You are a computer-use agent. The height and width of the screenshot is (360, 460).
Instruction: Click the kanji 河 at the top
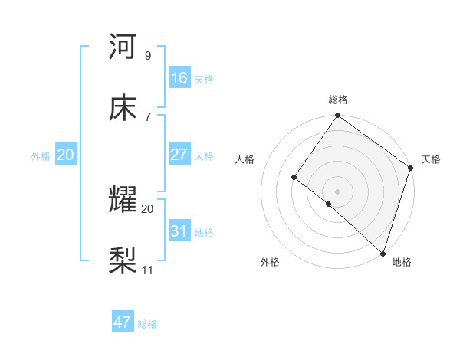123,47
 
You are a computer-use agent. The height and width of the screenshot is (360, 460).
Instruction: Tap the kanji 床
123,108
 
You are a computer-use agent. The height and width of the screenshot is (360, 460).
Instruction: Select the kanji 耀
123,201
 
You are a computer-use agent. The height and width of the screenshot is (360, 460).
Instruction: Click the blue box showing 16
179,78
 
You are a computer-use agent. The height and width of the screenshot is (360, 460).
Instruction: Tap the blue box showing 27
179,155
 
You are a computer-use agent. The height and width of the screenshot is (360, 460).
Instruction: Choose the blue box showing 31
179,231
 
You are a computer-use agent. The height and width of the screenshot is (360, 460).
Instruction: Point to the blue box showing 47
123,322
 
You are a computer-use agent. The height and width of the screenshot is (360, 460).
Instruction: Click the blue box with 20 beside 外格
66,155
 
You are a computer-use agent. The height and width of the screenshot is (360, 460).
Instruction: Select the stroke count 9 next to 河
148,55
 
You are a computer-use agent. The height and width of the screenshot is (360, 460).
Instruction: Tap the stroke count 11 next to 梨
148,270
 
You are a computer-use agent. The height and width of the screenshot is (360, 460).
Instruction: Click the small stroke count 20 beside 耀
148,208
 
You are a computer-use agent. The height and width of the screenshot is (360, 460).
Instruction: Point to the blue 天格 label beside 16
204,79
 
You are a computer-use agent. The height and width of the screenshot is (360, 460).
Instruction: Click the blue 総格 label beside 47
147,324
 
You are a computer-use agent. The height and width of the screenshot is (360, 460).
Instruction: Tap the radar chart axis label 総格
338,100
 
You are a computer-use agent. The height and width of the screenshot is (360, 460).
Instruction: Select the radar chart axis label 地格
402,262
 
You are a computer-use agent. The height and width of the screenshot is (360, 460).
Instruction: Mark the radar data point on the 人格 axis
294,178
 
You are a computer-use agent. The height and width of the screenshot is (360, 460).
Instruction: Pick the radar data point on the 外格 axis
328,204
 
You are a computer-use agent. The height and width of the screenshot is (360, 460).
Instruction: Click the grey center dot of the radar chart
337,191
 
